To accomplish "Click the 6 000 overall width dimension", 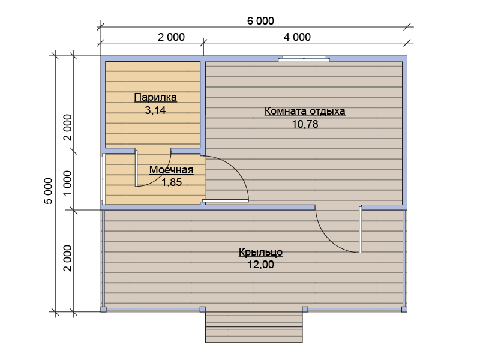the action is (260, 21).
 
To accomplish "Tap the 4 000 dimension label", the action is (297, 37).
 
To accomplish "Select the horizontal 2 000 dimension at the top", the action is (171, 37).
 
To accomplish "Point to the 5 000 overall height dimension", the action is (49, 191).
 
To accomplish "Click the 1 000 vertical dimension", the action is (67, 184).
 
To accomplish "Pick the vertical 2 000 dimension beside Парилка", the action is (67, 127).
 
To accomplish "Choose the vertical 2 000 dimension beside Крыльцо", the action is (67, 258).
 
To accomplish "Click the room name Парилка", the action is (155, 97).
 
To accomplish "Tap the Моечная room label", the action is (171, 170).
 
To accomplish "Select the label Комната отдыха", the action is (305, 111).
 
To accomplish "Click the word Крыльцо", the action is (260, 252).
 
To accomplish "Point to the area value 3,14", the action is (155, 110).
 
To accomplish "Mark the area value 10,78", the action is (305, 124).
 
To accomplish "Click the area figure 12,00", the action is (260, 265).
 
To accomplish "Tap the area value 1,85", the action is (172, 182).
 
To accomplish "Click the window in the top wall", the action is (304, 59).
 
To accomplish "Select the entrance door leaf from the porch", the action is (361, 230).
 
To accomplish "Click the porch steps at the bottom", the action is (254, 327).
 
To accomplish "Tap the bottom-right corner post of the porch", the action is (404, 309).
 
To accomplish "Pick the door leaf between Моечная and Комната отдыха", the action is (226, 200).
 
